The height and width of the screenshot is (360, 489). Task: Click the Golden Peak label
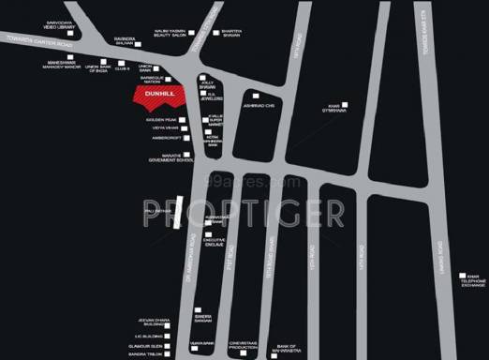coord(160,119)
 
